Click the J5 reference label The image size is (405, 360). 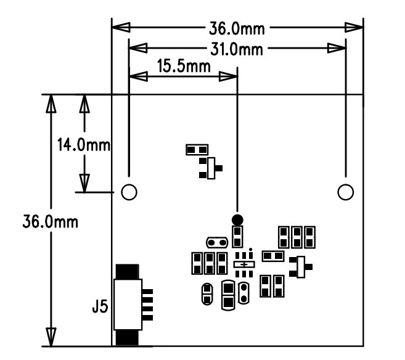tap(99, 306)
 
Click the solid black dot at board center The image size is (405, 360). tap(237, 219)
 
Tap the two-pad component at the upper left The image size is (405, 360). tap(197, 149)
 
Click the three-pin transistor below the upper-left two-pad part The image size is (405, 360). tap(210, 168)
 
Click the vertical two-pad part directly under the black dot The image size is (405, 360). tap(237, 235)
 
